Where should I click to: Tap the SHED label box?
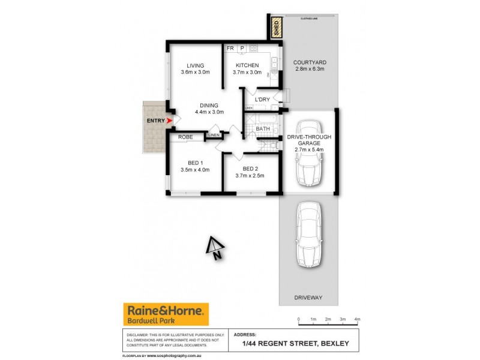pyautogui.click(x=276, y=28)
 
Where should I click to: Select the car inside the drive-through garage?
pyautogui.click(x=310, y=154)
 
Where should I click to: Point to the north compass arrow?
pyautogui.click(x=214, y=247)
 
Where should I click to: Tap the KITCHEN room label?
pyautogui.click(x=247, y=65)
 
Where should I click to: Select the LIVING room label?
pyautogui.click(x=195, y=65)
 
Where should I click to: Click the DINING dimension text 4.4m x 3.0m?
pyautogui.click(x=209, y=112)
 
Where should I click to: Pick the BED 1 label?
pyautogui.click(x=196, y=163)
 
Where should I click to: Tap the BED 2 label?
pyautogui.click(x=251, y=168)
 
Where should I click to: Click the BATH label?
pyautogui.click(x=263, y=128)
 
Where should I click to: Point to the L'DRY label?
pyautogui.click(x=262, y=99)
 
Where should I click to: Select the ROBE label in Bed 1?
pyautogui.click(x=185, y=137)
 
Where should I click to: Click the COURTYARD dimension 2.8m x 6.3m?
pyautogui.click(x=310, y=69)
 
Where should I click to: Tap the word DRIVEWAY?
pyautogui.click(x=309, y=298)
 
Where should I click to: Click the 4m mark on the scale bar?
pyautogui.click(x=358, y=319)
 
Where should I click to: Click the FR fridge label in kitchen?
pyautogui.click(x=230, y=48)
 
